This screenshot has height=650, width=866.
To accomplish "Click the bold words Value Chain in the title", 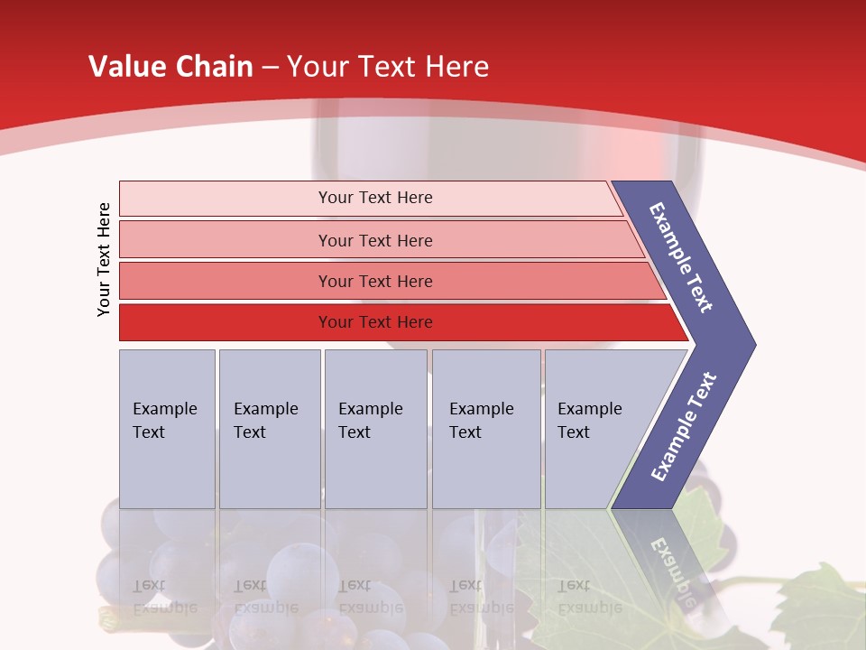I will point(170,67).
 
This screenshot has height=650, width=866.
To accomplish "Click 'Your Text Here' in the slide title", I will point(388,67).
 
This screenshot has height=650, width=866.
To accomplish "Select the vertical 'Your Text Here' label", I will point(104,259).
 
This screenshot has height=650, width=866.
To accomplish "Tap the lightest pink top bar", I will point(374,198).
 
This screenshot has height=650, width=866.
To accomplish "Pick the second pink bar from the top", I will point(374,240).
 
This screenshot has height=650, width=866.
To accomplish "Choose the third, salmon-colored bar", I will point(374,281).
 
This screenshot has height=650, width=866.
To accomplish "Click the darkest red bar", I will point(374,322).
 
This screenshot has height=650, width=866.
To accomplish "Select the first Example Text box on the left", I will point(167,428).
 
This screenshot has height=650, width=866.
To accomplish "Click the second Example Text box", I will point(269,428).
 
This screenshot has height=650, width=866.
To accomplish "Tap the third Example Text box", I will point(374,428).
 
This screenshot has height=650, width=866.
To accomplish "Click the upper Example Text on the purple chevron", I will point(681,257).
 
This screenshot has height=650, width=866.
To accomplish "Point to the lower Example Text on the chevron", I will point(683,427).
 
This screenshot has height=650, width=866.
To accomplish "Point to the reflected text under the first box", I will point(162,597).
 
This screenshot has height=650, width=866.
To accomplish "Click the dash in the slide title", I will point(270,67).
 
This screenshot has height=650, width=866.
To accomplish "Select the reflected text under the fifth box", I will point(588,597).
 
